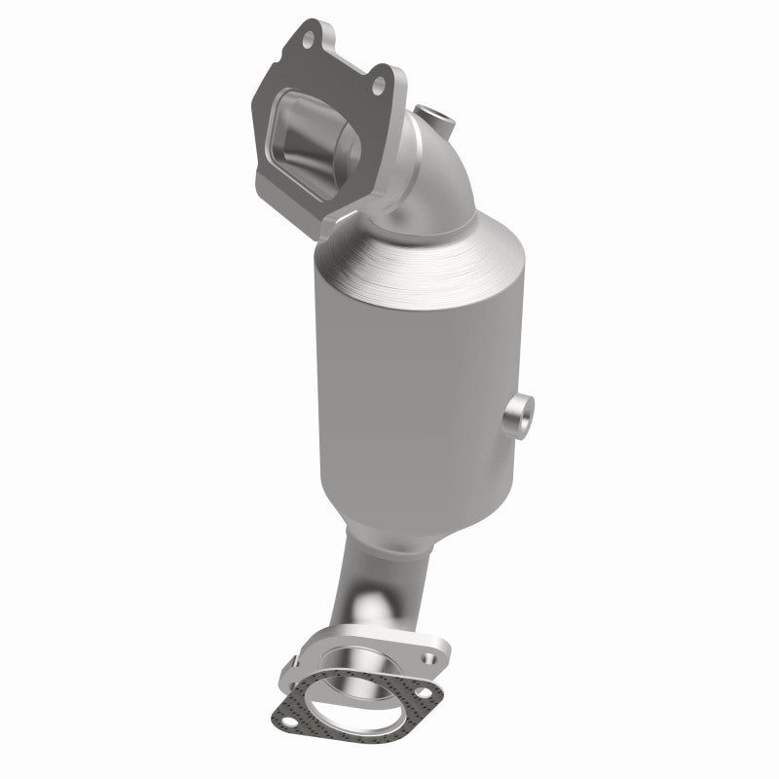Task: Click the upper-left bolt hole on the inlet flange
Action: tap(310, 40)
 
